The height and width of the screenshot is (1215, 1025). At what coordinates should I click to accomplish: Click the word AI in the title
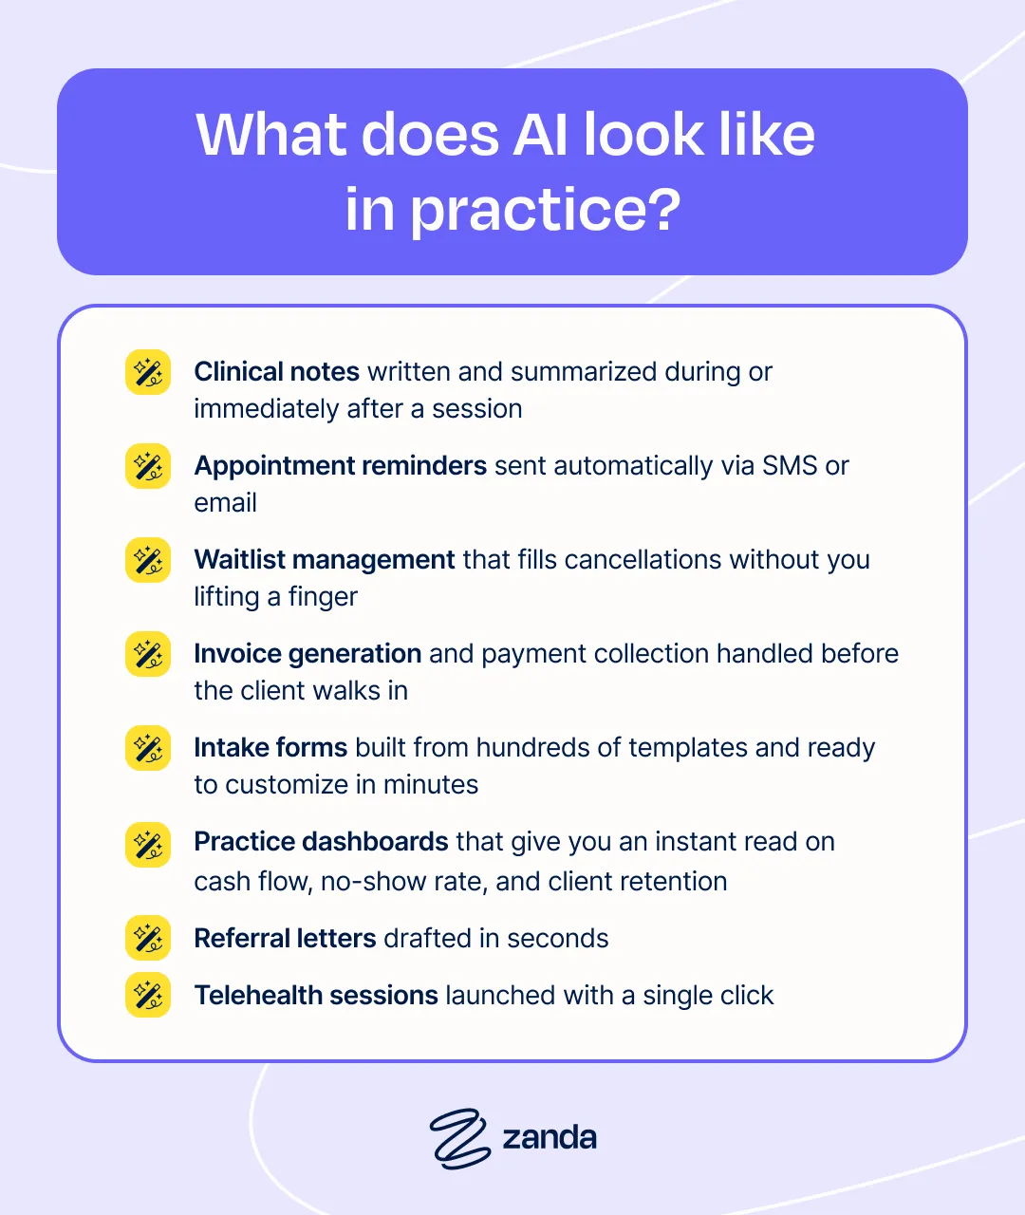[x=541, y=135]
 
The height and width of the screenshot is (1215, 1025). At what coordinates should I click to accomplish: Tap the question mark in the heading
[x=665, y=208]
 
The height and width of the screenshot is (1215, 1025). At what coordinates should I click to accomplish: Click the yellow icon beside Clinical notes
[x=148, y=372]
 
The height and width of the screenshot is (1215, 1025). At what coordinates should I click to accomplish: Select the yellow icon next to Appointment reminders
[x=148, y=466]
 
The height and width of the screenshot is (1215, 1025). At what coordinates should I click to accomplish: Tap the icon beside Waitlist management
[x=148, y=560]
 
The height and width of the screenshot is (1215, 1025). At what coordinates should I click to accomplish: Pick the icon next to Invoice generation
[x=148, y=654]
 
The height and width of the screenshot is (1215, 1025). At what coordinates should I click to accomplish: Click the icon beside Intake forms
[x=148, y=748]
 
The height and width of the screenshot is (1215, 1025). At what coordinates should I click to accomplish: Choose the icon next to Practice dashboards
[x=148, y=845]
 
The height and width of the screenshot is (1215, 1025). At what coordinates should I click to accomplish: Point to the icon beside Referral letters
[x=148, y=938]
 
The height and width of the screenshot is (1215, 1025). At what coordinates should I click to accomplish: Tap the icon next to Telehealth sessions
[x=148, y=995]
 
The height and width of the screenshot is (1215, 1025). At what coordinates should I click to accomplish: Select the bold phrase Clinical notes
[x=276, y=372]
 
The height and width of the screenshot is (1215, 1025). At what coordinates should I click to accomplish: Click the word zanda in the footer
[x=550, y=1137]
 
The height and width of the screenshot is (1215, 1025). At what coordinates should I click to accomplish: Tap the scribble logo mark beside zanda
[x=459, y=1139]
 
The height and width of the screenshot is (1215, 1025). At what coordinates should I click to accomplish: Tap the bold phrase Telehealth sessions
[x=316, y=995]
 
